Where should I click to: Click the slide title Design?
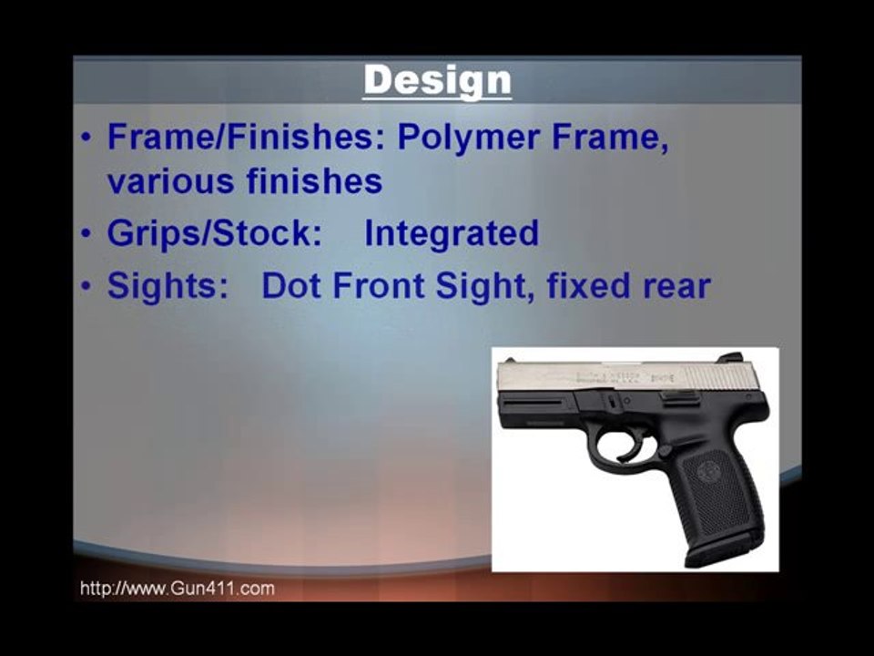pos(437,80)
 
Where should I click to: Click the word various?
pos(170,181)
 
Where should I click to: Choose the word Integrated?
pos(452,234)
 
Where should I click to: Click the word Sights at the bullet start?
pos(167,287)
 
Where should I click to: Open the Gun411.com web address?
pos(178,589)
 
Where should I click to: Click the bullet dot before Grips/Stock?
pos(86,234)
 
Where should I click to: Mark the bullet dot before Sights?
pos(86,287)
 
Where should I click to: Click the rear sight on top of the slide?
pos(730,358)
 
